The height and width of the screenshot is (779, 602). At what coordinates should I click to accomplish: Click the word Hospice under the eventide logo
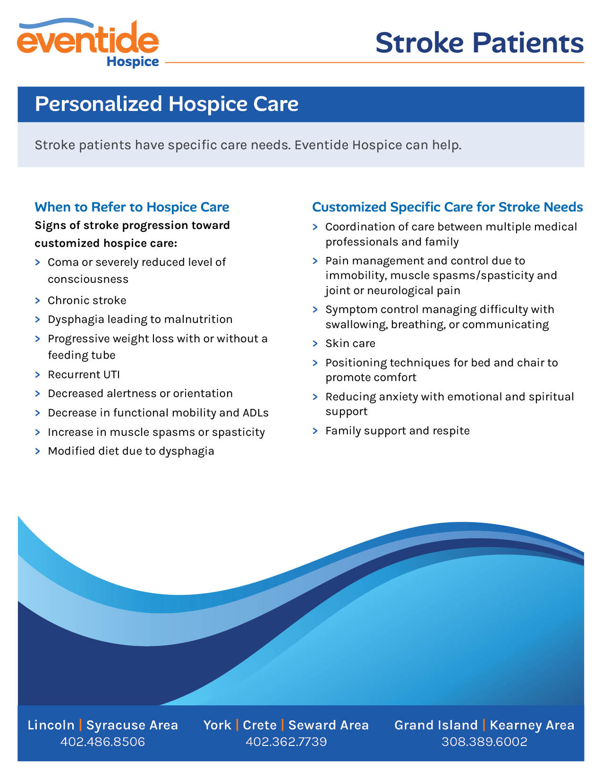(133, 62)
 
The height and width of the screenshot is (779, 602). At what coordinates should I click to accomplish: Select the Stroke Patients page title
(479, 42)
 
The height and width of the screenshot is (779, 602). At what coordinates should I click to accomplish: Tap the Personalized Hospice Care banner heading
(166, 104)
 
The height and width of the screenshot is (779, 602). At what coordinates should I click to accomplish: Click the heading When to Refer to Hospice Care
(132, 207)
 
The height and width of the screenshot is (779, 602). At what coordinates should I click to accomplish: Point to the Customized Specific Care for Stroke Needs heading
(448, 207)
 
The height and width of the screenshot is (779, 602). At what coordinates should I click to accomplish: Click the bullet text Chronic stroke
(87, 300)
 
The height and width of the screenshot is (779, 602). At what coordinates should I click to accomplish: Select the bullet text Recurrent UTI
(84, 374)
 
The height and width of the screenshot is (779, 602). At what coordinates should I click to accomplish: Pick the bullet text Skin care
(350, 343)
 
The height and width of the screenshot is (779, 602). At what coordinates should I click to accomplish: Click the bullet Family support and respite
(398, 431)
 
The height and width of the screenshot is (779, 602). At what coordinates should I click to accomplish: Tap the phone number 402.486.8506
(102, 741)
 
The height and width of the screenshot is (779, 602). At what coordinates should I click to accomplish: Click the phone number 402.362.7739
(286, 741)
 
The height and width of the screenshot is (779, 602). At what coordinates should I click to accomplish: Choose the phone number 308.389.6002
(484, 741)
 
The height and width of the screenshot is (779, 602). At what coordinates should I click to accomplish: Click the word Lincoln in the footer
(51, 725)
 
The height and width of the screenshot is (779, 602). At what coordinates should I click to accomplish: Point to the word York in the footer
(217, 725)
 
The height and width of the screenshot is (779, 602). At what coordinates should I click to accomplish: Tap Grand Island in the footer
(436, 725)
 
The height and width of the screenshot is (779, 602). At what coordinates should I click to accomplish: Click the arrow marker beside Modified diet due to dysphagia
(38, 451)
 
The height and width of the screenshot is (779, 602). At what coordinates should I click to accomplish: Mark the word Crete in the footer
(260, 725)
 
